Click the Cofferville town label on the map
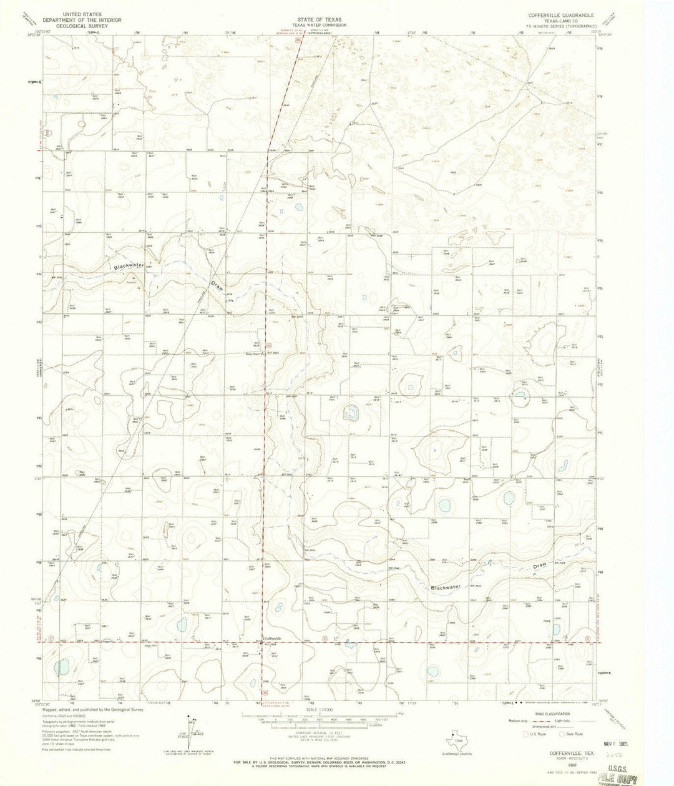(273, 637)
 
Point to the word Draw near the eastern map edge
(540, 566)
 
